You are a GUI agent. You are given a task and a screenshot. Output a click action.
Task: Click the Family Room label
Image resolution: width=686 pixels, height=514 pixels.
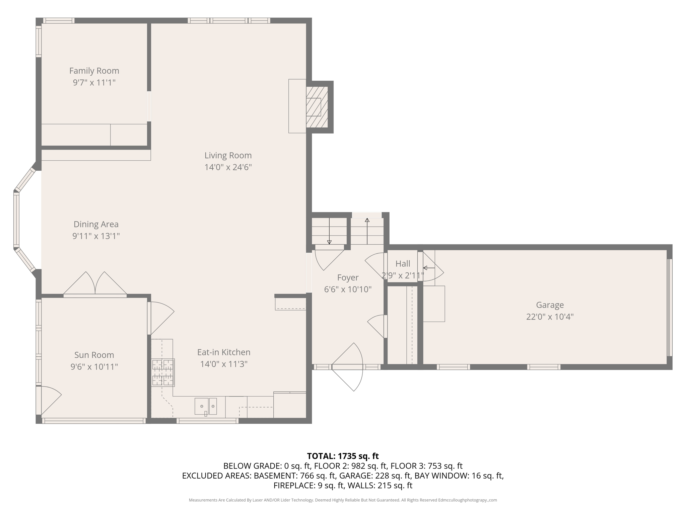coord(94,71)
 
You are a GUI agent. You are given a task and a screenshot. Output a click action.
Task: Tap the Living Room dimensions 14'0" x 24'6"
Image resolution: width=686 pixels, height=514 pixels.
coord(228,167)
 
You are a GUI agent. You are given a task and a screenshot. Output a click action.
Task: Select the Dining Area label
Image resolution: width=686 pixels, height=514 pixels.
coord(96,224)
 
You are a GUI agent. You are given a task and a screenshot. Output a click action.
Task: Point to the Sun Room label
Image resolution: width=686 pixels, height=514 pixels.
coord(94,355)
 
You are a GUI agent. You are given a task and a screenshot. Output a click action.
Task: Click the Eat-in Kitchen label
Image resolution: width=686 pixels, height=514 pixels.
coord(224,352)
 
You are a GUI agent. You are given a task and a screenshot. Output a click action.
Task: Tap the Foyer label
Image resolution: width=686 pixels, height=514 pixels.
coord(348,277)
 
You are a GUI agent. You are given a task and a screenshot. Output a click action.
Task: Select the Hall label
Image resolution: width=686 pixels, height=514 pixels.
coord(403,264)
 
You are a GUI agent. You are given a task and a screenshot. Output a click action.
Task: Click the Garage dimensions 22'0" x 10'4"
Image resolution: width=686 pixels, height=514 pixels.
coord(550,317)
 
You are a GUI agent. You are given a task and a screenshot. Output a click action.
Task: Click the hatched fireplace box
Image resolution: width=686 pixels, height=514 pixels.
coord(317,107)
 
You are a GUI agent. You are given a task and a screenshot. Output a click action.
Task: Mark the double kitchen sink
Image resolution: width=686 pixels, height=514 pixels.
coord(206,406)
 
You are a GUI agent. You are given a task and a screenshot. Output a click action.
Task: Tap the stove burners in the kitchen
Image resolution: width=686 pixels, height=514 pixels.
coord(163,372)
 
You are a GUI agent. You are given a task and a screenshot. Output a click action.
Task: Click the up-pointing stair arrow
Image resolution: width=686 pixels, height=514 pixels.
coord(367,231)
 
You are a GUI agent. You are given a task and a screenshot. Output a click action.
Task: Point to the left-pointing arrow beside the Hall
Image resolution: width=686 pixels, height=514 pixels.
coord(429,268)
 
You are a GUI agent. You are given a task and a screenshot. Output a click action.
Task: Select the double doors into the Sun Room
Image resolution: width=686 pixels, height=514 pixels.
coord(95,284)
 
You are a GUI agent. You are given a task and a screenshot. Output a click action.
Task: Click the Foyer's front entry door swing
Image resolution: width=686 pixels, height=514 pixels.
coord(348,367)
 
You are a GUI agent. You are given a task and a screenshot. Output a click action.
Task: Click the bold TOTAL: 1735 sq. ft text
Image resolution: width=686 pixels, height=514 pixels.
coord(343,456)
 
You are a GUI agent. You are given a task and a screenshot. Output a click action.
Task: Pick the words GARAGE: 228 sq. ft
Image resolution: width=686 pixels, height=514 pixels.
coord(375,476)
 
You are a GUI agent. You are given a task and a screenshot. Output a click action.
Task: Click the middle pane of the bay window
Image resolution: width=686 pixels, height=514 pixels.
coord(16,221)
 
